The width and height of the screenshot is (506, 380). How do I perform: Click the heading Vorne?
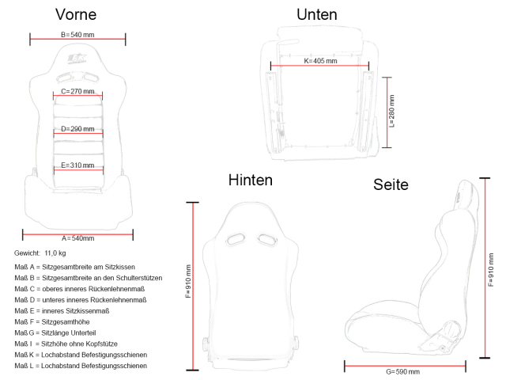pyautogui.click(x=77, y=14)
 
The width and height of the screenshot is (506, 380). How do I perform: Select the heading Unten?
pyautogui.click(x=316, y=14)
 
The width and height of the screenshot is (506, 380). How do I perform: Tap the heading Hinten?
pyautogui.click(x=250, y=180)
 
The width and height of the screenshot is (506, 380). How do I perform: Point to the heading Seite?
pyautogui.click(x=391, y=184)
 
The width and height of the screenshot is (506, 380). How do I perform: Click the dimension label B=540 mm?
pyautogui.click(x=77, y=35)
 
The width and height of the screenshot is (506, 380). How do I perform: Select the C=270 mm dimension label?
pyautogui.click(x=77, y=92)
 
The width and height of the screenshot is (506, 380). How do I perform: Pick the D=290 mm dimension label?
pyautogui.click(x=77, y=128)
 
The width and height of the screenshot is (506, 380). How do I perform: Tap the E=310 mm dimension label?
pyautogui.click(x=77, y=165)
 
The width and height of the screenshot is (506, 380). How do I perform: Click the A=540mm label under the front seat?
pyautogui.click(x=77, y=237)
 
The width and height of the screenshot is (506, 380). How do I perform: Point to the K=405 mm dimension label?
pyautogui.click(x=320, y=61)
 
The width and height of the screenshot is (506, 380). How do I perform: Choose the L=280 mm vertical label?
pyautogui.click(x=392, y=112)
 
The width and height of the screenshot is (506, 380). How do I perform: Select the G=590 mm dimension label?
pyautogui.click(x=402, y=370)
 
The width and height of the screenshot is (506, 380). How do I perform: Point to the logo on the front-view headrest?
pyautogui.click(x=77, y=59)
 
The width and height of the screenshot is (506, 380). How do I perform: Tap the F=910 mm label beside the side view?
pyautogui.click(x=492, y=271)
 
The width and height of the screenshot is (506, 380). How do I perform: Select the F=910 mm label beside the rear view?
pyautogui.click(x=187, y=281)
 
